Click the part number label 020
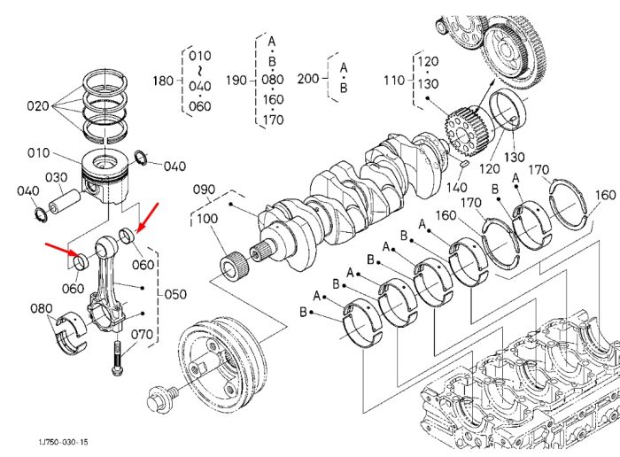point(37,106)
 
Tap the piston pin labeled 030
point(65,201)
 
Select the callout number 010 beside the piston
point(38,152)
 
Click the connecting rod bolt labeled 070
point(117,358)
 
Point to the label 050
point(175,294)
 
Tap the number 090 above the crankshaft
point(204,190)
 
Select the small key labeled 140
point(465,163)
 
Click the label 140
point(457,188)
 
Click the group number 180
point(163,81)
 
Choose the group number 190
point(236,81)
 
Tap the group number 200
point(308,79)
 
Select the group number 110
point(394,81)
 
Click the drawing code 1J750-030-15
point(63,442)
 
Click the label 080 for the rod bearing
point(42,308)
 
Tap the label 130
point(515,158)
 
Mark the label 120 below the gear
point(490,169)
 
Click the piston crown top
point(105,161)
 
